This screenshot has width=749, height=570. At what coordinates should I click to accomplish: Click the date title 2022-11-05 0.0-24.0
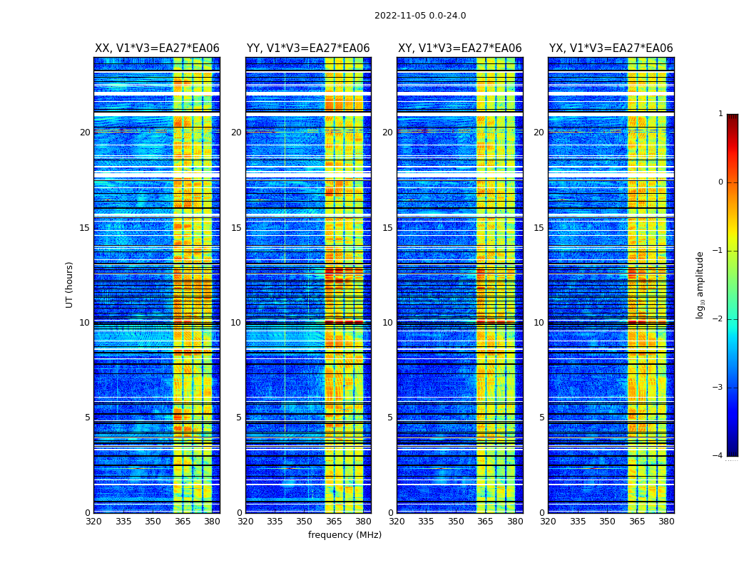420,16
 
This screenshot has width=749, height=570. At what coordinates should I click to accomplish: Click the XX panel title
157,48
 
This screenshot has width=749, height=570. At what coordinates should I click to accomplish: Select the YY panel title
308,48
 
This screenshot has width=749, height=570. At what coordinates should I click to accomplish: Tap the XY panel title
459,48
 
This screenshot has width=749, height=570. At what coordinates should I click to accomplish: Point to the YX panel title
611,48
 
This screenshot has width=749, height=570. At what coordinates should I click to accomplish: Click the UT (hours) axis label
70,284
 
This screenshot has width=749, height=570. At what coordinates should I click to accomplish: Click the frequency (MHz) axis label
345,535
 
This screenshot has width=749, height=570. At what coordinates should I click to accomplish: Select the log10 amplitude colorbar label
700,284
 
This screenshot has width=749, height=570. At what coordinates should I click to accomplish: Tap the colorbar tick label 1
720,114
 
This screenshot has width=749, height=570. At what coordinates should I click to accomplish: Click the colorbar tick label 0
720,182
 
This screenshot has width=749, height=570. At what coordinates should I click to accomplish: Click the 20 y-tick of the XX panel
85,133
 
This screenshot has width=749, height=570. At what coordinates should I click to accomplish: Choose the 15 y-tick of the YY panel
236,228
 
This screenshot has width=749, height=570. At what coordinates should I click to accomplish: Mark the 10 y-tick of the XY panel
387,323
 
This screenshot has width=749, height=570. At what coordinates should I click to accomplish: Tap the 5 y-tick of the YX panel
541,418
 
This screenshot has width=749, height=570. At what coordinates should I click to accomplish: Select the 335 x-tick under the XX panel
123,522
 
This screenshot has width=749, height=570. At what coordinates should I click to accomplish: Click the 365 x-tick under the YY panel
334,522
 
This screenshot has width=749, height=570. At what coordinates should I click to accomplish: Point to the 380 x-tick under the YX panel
666,522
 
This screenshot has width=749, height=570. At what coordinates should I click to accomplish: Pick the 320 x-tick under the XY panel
397,522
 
